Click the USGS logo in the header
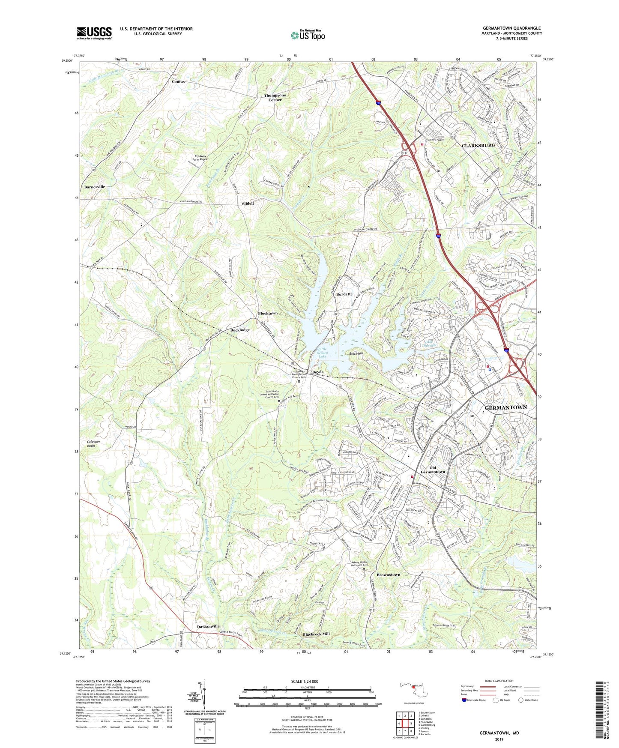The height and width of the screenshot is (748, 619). [x=94, y=33]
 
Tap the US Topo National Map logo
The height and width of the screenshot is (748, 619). [x=307, y=35]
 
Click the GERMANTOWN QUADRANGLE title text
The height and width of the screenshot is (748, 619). [x=511, y=28]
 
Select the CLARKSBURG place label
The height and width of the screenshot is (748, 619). [x=478, y=145]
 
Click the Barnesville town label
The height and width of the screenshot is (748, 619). [x=94, y=187]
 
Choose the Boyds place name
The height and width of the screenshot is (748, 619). [x=317, y=371]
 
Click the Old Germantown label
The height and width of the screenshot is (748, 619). [x=433, y=470]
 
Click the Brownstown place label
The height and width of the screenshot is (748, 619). [x=388, y=574]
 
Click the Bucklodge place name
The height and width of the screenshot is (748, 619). [x=240, y=330]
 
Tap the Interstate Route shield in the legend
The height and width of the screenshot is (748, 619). [x=464, y=700]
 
